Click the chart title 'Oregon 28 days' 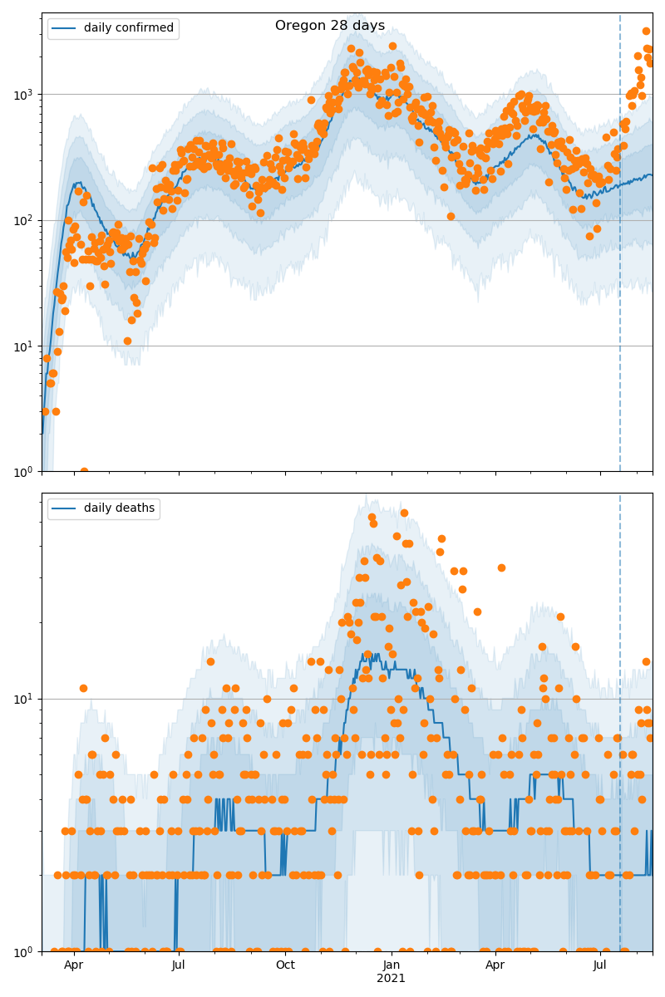(x=330, y=26)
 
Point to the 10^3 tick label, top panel (x=26, y=94)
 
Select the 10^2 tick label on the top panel (x=26, y=220)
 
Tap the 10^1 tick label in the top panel (x=26, y=346)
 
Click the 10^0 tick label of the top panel (x=26, y=472)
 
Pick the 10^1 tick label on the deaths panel (x=26, y=699)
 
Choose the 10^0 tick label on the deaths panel (x=26, y=950)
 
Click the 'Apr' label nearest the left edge (x=74, y=965)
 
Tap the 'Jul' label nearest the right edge (x=600, y=965)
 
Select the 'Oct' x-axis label (x=285, y=965)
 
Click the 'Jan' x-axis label (x=392, y=965)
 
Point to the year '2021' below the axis (x=392, y=979)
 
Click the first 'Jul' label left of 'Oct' (x=179, y=965)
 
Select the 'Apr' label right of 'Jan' (x=495, y=965)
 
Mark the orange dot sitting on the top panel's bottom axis (x=84, y=471)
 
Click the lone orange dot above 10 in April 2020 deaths (x=83, y=688)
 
